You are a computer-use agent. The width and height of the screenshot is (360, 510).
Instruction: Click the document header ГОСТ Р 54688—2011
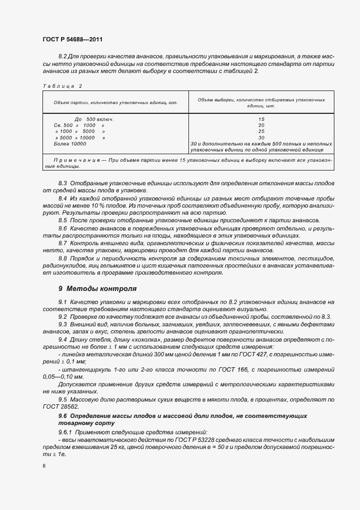point(72,40)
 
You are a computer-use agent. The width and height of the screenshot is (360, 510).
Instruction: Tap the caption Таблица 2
point(62,86)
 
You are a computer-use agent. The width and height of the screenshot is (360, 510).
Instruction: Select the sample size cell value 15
point(261,119)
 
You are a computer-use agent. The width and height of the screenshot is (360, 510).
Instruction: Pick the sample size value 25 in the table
point(261,131)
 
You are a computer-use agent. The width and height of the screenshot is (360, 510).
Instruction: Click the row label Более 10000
point(70,144)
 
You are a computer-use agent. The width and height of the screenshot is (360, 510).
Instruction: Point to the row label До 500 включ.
point(94,119)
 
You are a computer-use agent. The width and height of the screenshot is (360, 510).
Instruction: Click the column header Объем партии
point(116,102)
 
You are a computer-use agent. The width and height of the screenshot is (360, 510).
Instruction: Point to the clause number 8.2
point(62,56)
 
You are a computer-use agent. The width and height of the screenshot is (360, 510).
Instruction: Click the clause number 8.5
point(62,220)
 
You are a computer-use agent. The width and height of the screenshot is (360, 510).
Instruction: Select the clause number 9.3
point(62,324)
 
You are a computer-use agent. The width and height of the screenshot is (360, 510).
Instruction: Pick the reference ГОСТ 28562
point(57,406)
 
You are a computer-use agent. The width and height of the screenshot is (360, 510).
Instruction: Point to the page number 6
point(44,466)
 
